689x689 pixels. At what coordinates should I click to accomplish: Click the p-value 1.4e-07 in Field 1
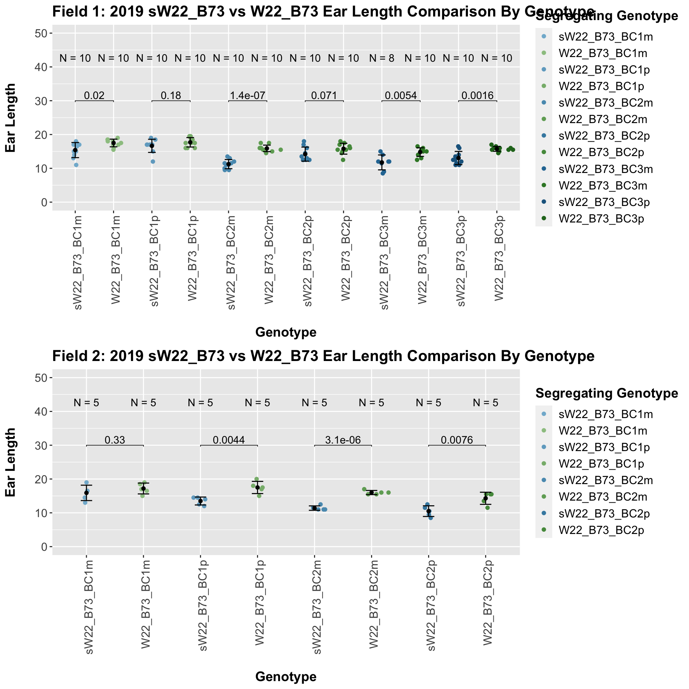[247, 95]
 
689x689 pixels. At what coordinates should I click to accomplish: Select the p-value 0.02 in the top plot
[94, 95]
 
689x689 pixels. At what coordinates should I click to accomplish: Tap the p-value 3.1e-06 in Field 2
[343, 440]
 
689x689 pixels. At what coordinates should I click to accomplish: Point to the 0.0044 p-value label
[229, 440]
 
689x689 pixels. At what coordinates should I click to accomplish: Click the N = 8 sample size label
[382, 58]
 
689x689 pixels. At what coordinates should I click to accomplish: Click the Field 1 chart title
[323, 11]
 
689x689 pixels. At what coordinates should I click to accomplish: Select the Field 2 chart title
[323, 356]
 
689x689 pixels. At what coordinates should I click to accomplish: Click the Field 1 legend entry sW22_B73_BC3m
[605, 169]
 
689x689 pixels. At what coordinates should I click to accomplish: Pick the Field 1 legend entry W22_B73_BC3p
[601, 219]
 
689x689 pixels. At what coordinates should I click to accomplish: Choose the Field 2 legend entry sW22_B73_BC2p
[605, 514]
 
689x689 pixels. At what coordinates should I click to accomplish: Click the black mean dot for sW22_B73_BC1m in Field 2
[86, 493]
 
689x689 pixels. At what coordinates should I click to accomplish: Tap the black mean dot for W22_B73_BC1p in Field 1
[190, 142]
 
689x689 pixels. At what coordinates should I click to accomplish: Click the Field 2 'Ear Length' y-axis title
[11, 462]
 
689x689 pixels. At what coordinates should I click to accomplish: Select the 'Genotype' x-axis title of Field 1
[286, 332]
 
